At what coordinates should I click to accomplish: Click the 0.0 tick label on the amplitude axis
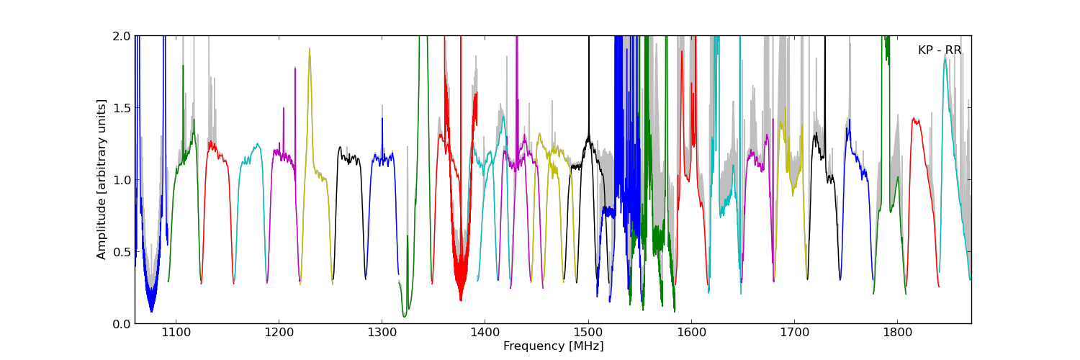(122, 324)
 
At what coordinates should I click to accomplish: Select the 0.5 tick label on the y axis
(122, 252)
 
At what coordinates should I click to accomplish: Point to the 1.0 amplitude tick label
(122, 180)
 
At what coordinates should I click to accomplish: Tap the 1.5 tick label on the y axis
(122, 108)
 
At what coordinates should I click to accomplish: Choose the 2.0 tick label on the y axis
(122, 36)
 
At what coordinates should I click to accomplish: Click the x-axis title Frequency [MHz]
(553, 346)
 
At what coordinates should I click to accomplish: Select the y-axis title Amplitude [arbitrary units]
(102, 179)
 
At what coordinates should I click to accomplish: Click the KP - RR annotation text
(940, 50)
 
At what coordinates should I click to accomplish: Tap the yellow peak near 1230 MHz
(310, 49)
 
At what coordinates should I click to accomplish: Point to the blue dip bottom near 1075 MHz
(151, 311)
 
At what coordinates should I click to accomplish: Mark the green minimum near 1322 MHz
(405, 316)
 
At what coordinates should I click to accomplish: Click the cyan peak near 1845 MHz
(945, 58)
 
